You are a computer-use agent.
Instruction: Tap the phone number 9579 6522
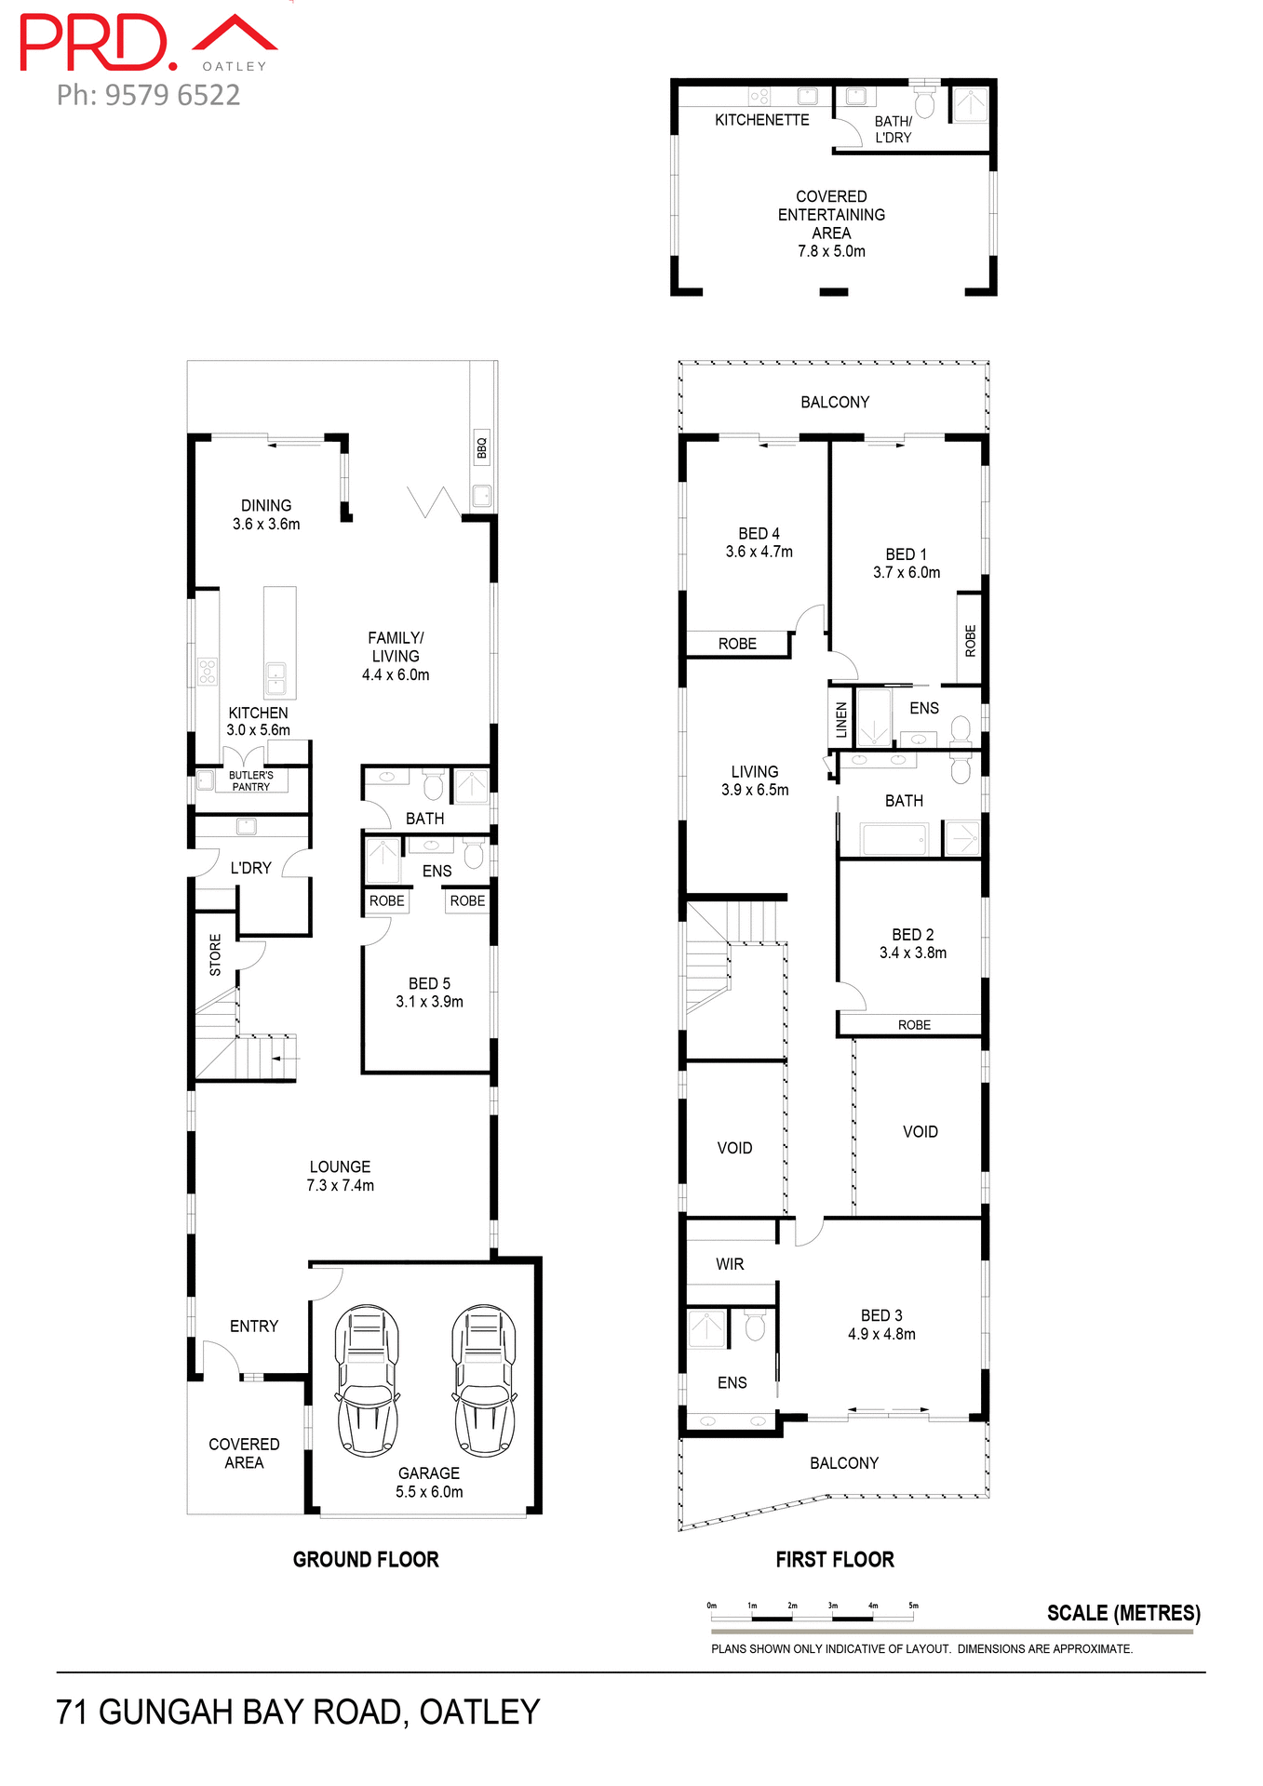pyautogui.click(x=172, y=95)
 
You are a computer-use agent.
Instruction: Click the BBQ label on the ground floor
pyautogui.click(x=481, y=448)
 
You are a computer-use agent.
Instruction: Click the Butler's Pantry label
pyautogui.click(x=251, y=780)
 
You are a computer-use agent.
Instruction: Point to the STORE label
pyautogui.click(x=215, y=954)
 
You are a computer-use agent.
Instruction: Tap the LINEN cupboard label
pyautogui.click(x=841, y=719)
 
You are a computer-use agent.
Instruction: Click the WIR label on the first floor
pyautogui.click(x=730, y=1264)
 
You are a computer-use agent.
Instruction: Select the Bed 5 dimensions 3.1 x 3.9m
pyautogui.click(x=429, y=1002)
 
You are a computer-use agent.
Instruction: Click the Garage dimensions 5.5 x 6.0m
pyautogui.click(x=429, y=1492)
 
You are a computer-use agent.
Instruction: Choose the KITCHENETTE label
pyautogui.click(x=761, y=120)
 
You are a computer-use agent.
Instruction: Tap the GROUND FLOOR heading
pyautogui.click(x=366, y=1560)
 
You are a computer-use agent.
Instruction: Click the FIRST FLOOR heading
pyautogui.click(x=835, y=1560)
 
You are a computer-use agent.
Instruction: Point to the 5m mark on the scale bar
pyautogui.click(x=913, y=1606)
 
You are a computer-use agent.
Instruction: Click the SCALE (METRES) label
pyautogui.click(x=1123, y=1613)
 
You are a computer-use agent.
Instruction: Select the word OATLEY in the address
pyautogui.click(x=479, y=1713)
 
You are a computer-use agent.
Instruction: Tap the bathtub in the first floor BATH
pyautogui.click(x=894, y=838)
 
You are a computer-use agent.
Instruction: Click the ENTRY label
pyautogui.click(x=254, y=1326)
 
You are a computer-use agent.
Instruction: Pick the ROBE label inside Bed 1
pyautogui.click(x=970, y=641)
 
